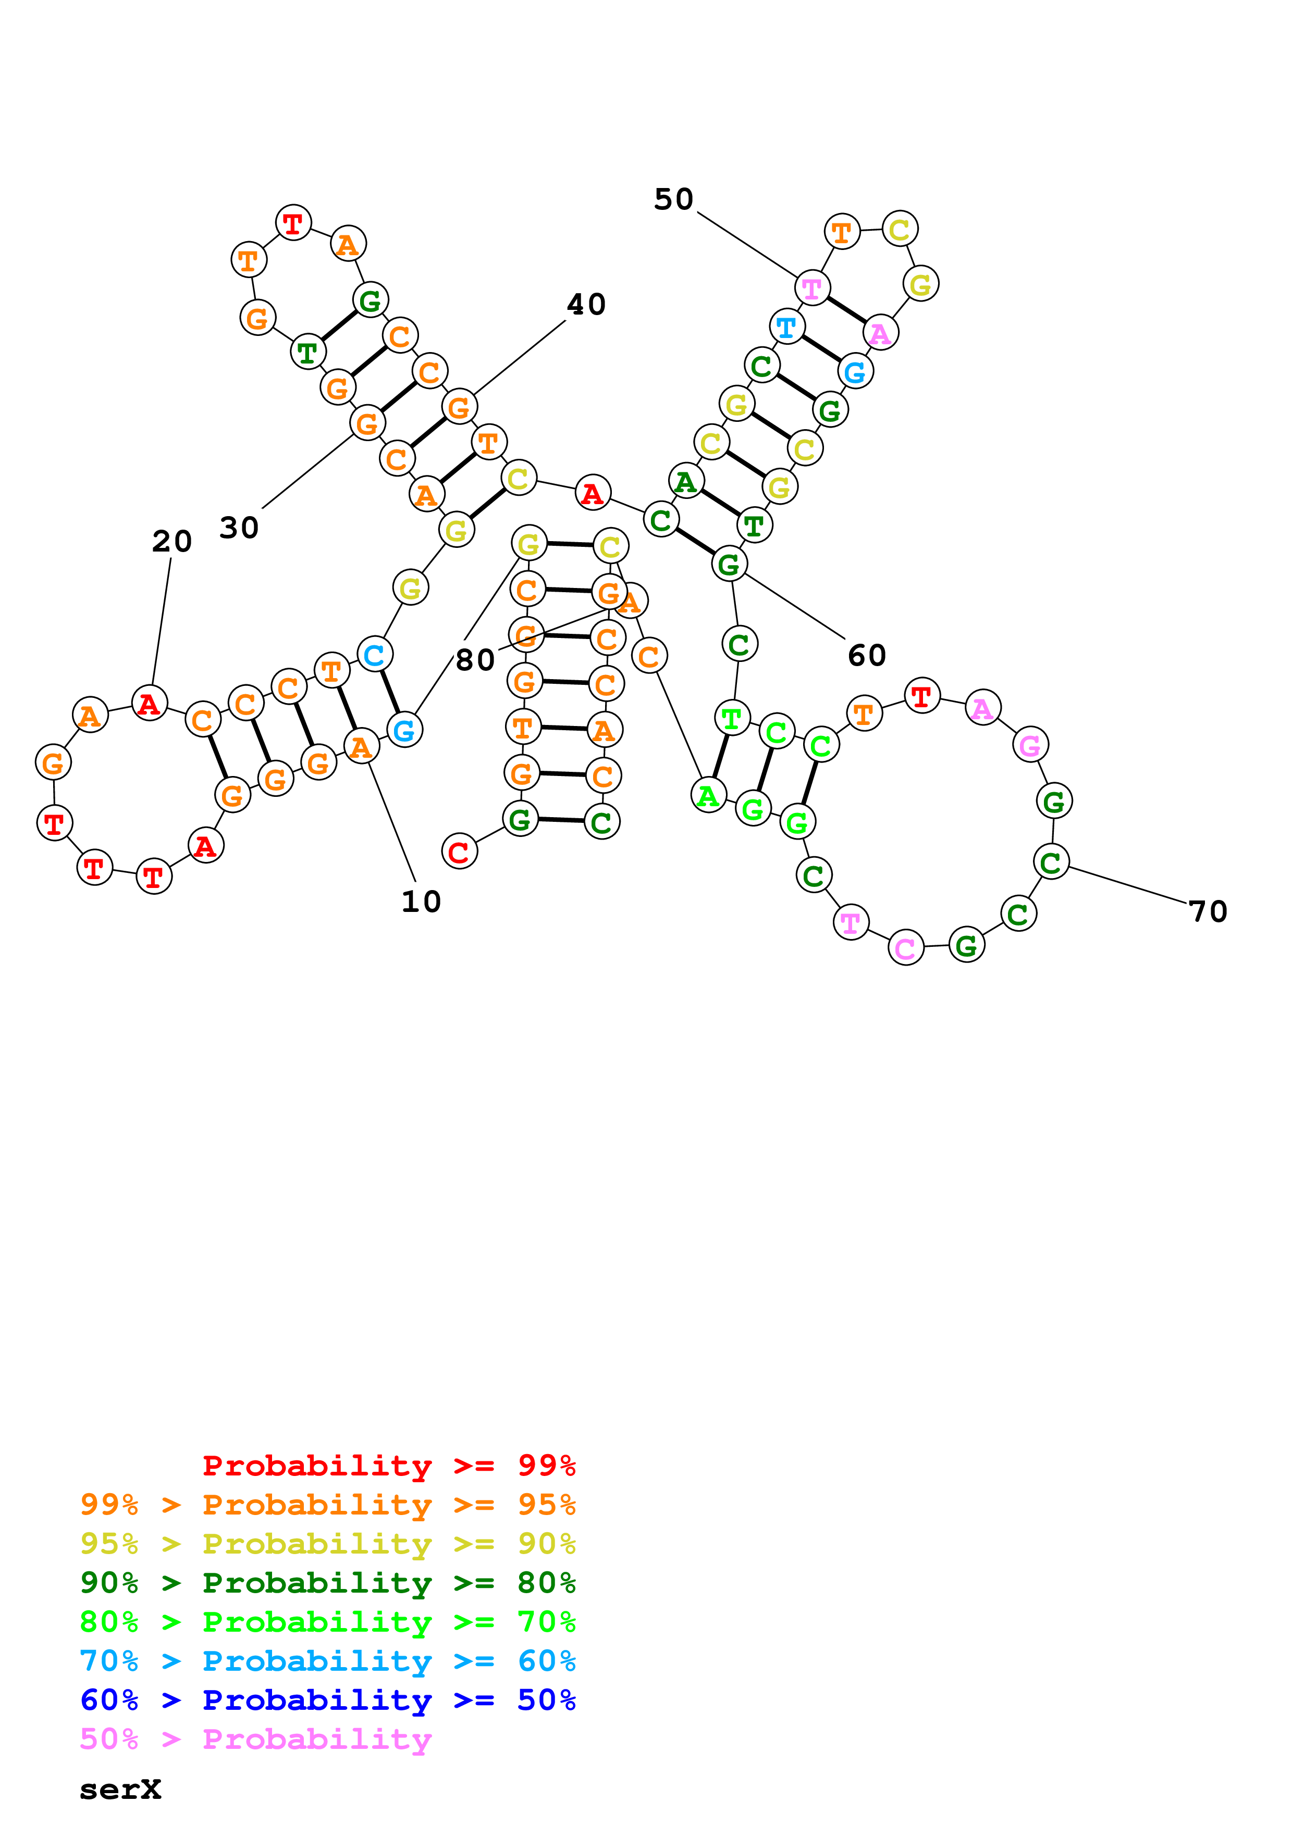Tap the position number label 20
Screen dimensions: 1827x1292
coord(172,542)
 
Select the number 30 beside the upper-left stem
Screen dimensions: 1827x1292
coord(239,528)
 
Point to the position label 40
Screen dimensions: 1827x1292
coord(586,304)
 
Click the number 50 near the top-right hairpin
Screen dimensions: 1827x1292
coord(673,199)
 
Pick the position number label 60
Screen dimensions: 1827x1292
coord(867,656)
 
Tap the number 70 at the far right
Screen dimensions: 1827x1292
coord(1208,911)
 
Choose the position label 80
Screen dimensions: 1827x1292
coord(475,660)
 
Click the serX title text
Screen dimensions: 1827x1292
coord(120,1790)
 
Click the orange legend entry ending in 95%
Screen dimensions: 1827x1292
coord(327,1504)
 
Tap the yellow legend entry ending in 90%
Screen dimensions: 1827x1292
coord(327,1543)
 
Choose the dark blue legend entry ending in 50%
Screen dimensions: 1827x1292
coord(327,1700)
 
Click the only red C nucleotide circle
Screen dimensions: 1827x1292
coord(459,852)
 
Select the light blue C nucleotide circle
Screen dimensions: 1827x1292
coord(374,655)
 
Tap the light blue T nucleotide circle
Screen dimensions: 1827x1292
coord(786,326)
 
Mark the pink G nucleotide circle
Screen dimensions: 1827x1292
coord(1030,745)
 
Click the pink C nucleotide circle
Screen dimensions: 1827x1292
coord(905,948)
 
